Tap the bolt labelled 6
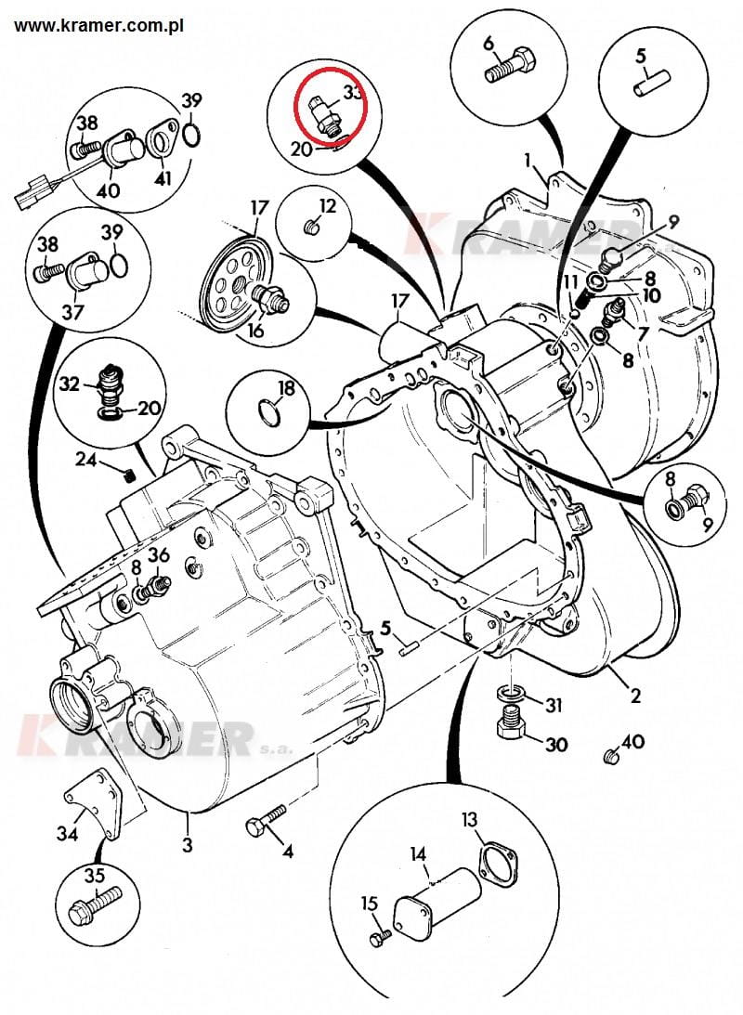coord(510,68)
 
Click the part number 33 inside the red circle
coord(353,93)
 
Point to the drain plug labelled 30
coord(510,722)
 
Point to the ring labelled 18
coord(267,410)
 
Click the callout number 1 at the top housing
coord(528,162)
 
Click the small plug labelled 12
coord(311,226)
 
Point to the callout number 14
coord(419,853)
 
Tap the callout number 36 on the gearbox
coord(160,555)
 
